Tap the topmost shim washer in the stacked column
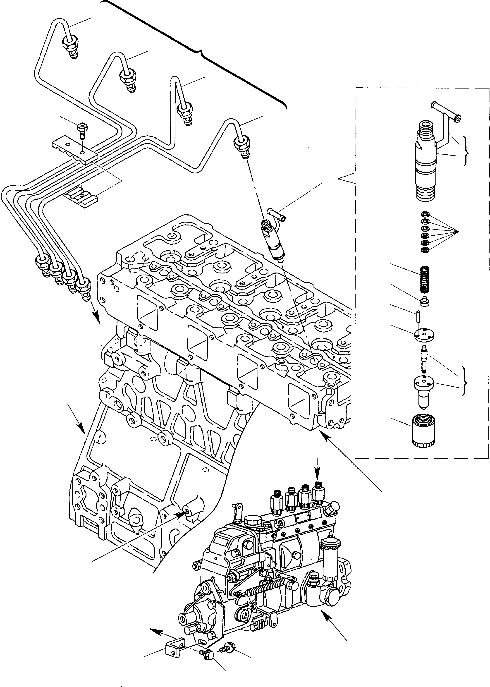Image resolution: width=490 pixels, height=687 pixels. click(x=425, y=214)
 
